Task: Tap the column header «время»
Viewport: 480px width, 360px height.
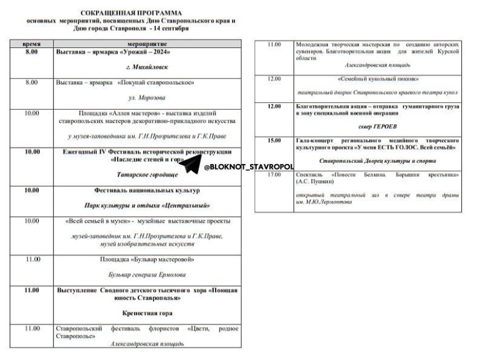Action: tap(32, 46)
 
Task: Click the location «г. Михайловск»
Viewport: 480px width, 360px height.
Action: tap(146, 66)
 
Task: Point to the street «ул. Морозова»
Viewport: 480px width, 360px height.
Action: tap(146, 97)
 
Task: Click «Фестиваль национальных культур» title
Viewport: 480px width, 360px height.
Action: tap(146, 190)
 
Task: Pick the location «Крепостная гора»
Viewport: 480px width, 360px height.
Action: tap(146, 313)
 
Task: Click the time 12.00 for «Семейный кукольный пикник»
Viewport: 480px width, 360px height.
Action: tap(274, 79)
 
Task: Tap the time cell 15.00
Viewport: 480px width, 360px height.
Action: tap(274, 140)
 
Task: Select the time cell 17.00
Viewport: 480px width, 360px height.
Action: tap(274, 175)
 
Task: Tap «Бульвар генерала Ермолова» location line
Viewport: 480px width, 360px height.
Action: tap(146, 275)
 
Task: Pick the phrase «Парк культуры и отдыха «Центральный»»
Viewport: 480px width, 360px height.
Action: tap(146, 205)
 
